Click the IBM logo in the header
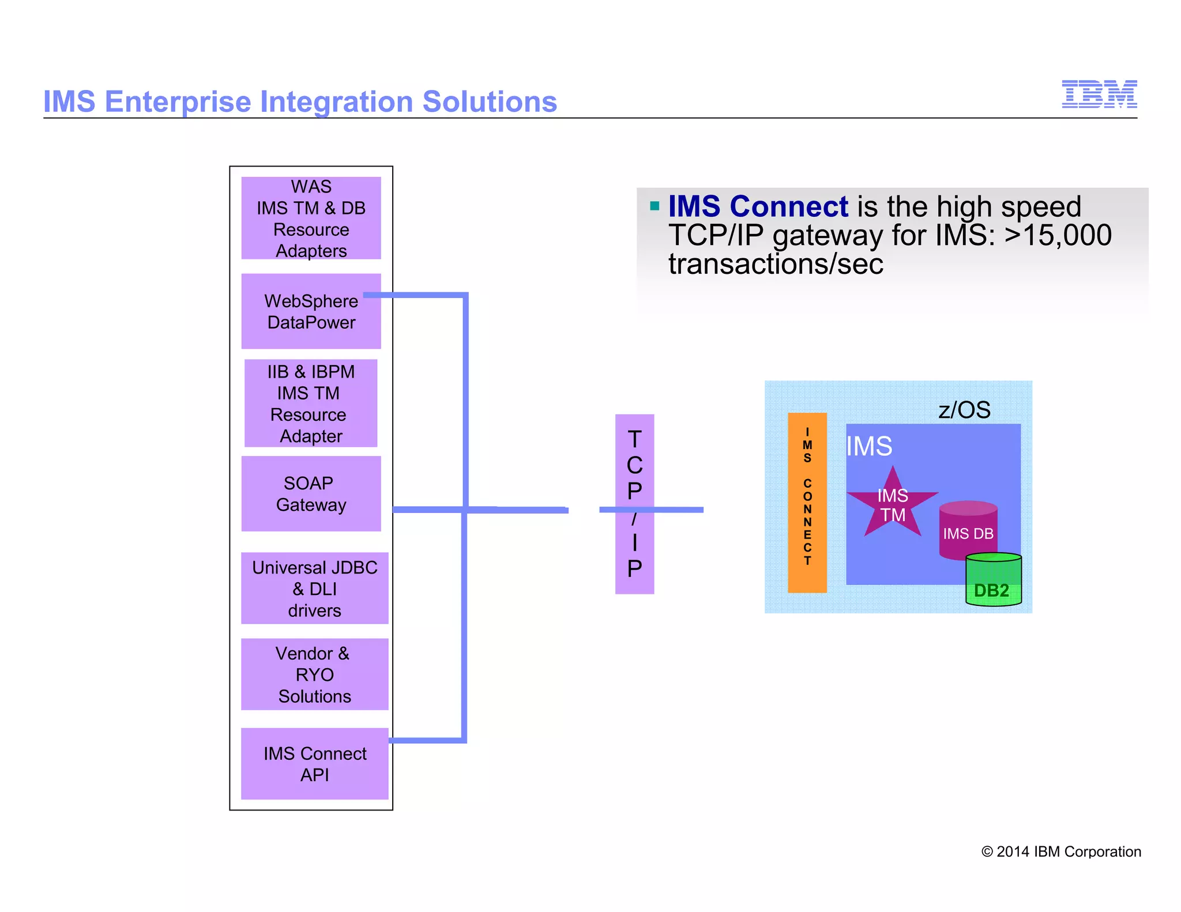1099,94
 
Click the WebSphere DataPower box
311,312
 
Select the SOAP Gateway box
311,493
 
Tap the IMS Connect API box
314,764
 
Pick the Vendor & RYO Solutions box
314,674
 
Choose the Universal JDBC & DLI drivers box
314,589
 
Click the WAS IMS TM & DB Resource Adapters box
311,218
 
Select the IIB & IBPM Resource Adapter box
311,404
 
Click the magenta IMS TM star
892,504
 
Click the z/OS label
964,410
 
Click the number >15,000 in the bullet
1058,235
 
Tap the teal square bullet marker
654,206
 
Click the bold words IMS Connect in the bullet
758,206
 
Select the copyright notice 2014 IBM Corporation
1061,851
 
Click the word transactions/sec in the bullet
775,264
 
